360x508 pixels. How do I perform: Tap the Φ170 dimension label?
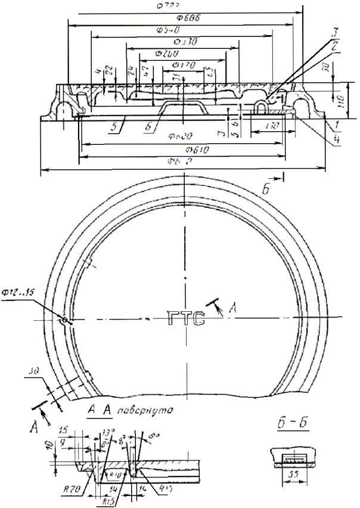pyautogui.click(x=180, y=63)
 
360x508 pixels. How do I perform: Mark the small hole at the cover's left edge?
pyautogui.click(x=63, y=320)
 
